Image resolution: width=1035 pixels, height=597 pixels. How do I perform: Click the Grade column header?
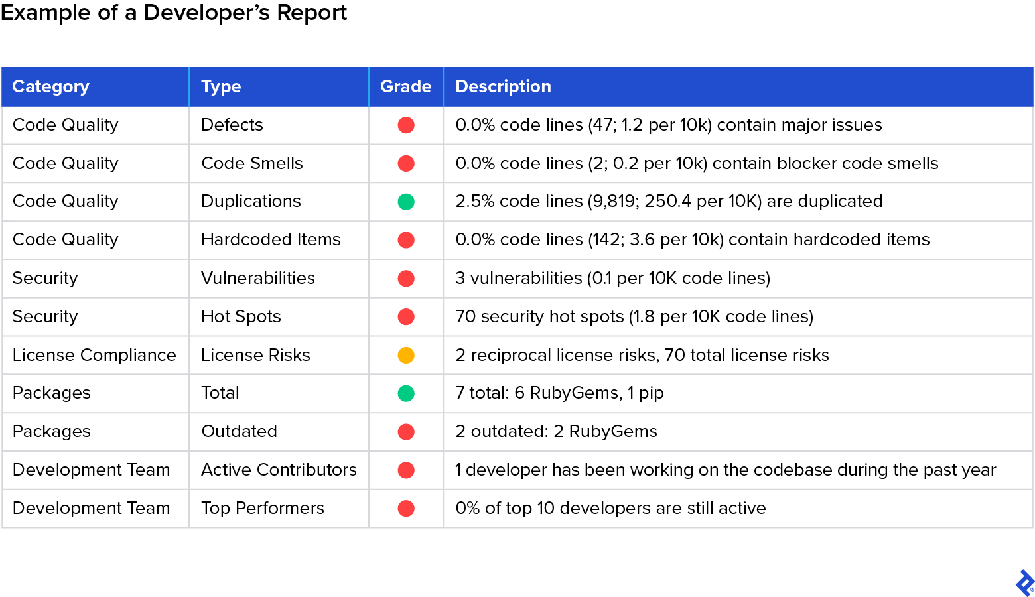tap(405, 86)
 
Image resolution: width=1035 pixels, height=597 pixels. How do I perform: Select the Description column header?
tap(503, 86)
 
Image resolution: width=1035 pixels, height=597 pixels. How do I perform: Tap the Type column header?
tap(221, 86)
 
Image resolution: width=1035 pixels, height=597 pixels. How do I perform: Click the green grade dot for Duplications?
tap(406, 202)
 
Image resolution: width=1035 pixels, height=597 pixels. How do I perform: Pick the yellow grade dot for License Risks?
tap(406, 355)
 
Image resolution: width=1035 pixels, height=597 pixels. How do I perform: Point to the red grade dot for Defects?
tap(406, 125)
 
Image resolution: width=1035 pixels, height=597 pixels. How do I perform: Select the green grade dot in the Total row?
tap(406, 393)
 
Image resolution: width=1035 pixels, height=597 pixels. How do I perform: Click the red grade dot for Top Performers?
tap(406, 508)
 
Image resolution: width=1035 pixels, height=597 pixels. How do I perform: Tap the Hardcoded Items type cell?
tap(271, 239)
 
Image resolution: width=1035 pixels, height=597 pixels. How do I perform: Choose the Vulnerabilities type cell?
tap(258, 278)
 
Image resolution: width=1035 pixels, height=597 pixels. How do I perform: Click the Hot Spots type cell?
tap(241, 316)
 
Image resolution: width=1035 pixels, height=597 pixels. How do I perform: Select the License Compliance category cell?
tap(94, 355)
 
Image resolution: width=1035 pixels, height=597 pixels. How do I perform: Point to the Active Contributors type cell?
tap(279, 470)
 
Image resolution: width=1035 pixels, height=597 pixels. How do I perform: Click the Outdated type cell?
tap(239, 431)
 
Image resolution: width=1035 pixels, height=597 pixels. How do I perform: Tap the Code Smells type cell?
tap(252, 163)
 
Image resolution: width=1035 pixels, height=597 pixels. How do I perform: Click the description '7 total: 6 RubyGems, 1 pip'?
tap(559, 393)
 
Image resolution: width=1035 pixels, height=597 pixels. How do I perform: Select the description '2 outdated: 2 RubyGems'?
tap(556, 431)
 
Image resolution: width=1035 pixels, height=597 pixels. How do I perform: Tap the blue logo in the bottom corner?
tap(1024, 583)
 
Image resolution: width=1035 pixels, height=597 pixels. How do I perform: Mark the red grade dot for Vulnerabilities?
tap(406, 279)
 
